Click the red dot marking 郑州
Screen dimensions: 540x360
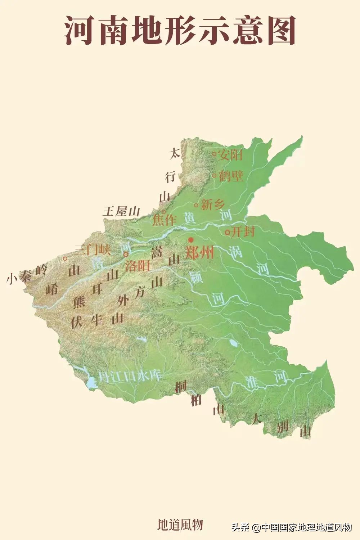(x=191, y=240)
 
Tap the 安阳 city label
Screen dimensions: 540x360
(x=230, y=155)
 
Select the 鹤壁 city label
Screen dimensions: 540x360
(x=231, y=176)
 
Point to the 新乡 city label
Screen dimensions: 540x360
(x=212, y=205)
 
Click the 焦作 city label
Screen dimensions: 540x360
(x=164, y=220)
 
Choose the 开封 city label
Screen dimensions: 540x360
(x=243, y=231)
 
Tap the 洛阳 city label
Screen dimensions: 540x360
(x=137, y=266)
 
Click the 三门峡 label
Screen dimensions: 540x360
(x=93, y=250)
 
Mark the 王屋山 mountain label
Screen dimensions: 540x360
(x=121, y=211)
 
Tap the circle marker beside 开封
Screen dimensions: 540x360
(x=227, y=233)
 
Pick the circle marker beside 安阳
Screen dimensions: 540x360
(x=214, y=154)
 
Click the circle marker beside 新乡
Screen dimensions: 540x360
(x=196, y=205)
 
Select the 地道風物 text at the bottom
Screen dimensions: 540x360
(x=180, y=525)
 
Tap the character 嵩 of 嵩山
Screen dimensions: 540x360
(x=157, y=252)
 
